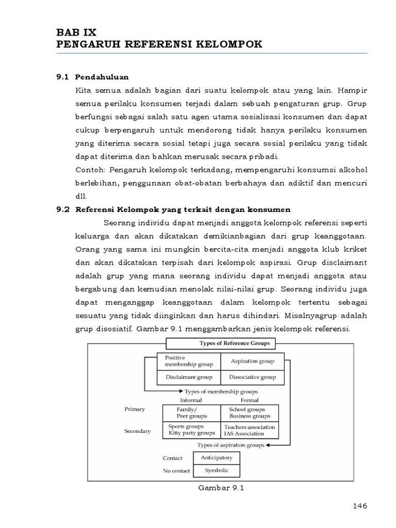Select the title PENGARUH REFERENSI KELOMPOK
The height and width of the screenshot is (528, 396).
(x=159, y=44)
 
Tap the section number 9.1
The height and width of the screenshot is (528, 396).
(x=62, y=77)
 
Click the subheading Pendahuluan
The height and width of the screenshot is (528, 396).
(x=101, y=77)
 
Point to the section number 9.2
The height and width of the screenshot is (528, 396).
(x=62, y=210)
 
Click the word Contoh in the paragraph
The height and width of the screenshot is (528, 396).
(x=89, y=170)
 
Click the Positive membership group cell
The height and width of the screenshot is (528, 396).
(x=188, y=361)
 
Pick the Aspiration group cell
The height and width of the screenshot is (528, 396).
(x=253, y=361)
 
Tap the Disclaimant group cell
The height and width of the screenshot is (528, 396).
(x=188, y=377)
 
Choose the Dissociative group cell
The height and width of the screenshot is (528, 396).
(x=253, y=377)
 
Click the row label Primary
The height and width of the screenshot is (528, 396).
(x=135, y=409)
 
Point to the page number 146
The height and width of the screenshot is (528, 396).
(x=359, y=506)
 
